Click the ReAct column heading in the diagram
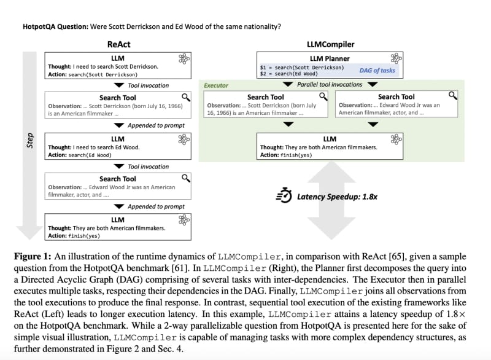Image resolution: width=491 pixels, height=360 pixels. [118, 44]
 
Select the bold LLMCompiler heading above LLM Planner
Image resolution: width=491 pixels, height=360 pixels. [330, 44]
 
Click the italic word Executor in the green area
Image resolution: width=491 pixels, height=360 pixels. [215, 86]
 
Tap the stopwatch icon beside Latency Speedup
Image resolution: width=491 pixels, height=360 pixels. [284, 195]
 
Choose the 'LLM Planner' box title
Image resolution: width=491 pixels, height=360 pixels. [330, 58]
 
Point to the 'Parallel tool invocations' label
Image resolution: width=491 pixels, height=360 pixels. [330, 85]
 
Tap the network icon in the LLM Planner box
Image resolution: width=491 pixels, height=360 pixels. [396, 58]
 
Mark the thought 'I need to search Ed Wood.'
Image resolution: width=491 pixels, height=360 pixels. [106, 147]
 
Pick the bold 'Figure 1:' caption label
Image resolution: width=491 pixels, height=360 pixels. [34, 256]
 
